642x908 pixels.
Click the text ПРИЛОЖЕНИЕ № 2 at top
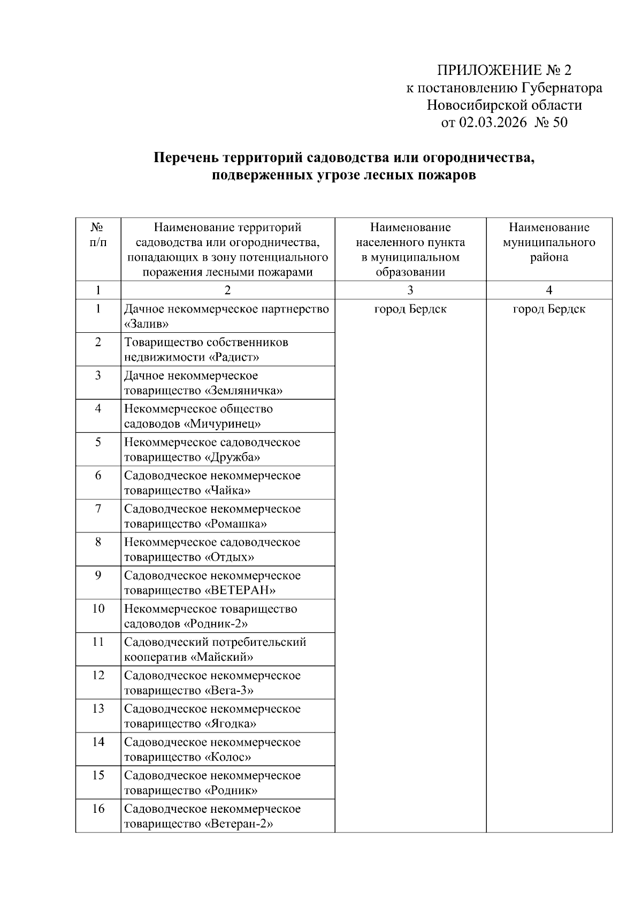coord(504,71)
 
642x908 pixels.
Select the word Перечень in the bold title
coord(186,158)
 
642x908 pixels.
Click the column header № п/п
coord(98,235)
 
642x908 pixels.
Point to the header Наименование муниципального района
coord(549,242)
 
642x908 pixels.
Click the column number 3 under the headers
coord(410,290)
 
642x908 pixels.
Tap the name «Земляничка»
coord(243,391)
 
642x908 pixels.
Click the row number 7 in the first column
coord(98,508)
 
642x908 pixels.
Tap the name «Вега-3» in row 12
coord(228,690)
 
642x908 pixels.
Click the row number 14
coord(98,742)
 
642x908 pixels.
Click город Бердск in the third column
coord(410,309)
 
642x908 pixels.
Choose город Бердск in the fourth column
coord(549,309)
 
